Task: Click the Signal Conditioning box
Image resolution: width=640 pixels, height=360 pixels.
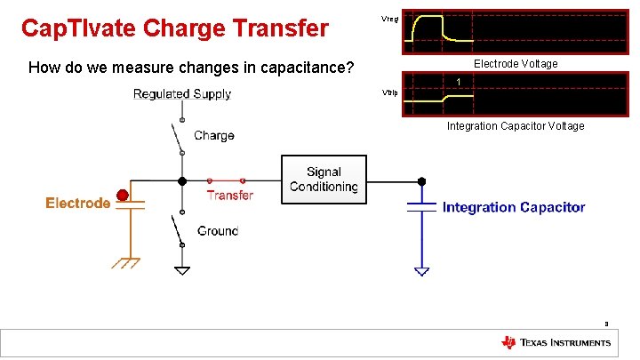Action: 323,180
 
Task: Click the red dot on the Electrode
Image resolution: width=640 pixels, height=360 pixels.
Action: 122,195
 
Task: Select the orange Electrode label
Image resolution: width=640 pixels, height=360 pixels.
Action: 78,204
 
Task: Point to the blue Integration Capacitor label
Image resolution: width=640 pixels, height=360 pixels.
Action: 514,207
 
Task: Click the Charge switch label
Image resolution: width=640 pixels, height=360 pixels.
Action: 214,136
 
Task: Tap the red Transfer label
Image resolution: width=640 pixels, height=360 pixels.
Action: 230,196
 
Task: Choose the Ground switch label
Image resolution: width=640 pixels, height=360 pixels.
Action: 218,231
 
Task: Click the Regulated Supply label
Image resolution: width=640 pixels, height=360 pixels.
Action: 182,94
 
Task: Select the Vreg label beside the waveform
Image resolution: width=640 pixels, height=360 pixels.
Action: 389,18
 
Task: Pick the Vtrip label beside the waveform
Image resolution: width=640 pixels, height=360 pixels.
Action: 389,92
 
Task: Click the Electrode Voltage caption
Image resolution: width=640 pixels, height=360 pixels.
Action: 516,64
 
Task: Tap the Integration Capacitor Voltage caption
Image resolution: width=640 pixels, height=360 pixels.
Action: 516,126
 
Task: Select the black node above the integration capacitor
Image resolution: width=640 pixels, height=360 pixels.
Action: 421,182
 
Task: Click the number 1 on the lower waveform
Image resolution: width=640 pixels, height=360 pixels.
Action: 458,83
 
